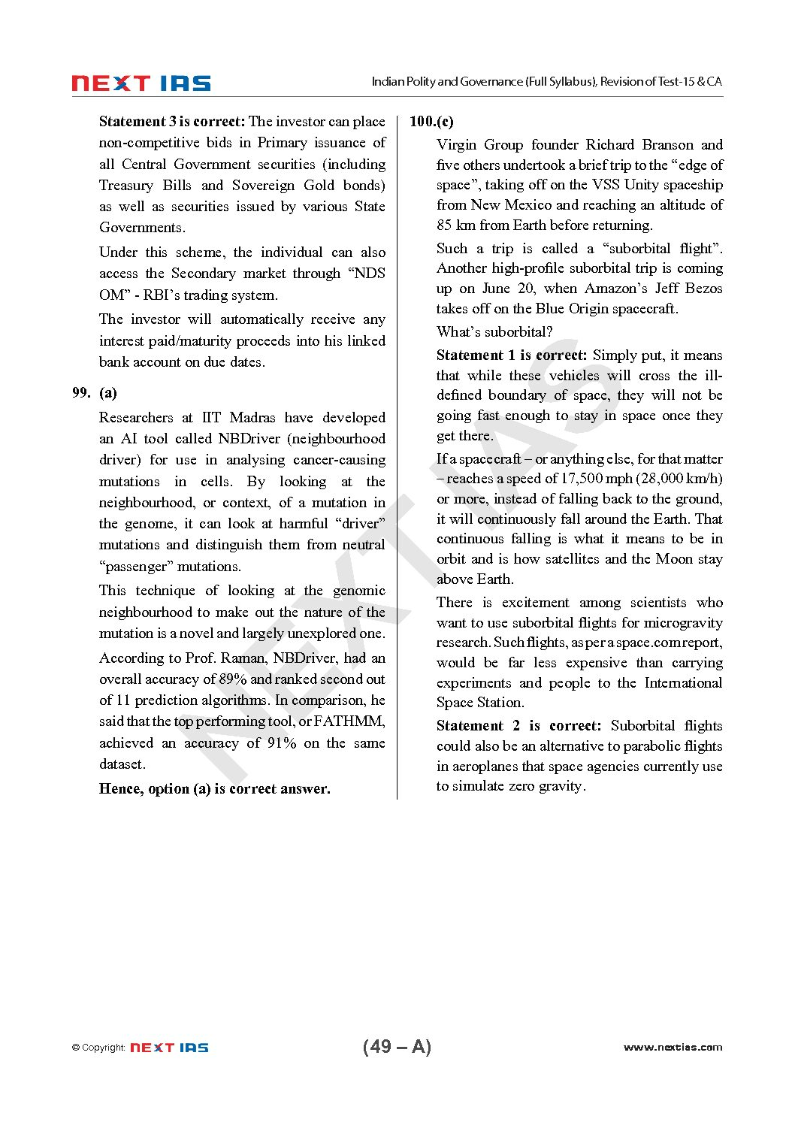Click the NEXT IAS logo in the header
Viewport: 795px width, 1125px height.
click(141, 83)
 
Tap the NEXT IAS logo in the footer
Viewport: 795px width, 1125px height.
click(169, 1047)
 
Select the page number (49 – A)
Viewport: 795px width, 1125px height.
click(397, 1046)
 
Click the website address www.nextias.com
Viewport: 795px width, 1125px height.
click(673, 1047)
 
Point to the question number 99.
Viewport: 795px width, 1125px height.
click(81, 392)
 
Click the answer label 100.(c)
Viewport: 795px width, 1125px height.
click(431, 121)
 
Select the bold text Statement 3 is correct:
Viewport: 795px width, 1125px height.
click(172, 121)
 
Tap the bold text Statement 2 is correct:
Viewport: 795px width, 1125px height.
click(518, 725)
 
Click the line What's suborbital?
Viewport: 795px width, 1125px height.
click(494, 331)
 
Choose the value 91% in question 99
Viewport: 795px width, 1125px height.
click(282, 742)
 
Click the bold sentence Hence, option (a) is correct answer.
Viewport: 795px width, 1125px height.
click(214, 788)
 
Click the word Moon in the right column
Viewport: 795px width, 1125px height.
click(674, 558)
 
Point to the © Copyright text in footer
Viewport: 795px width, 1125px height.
click(98, 1048)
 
